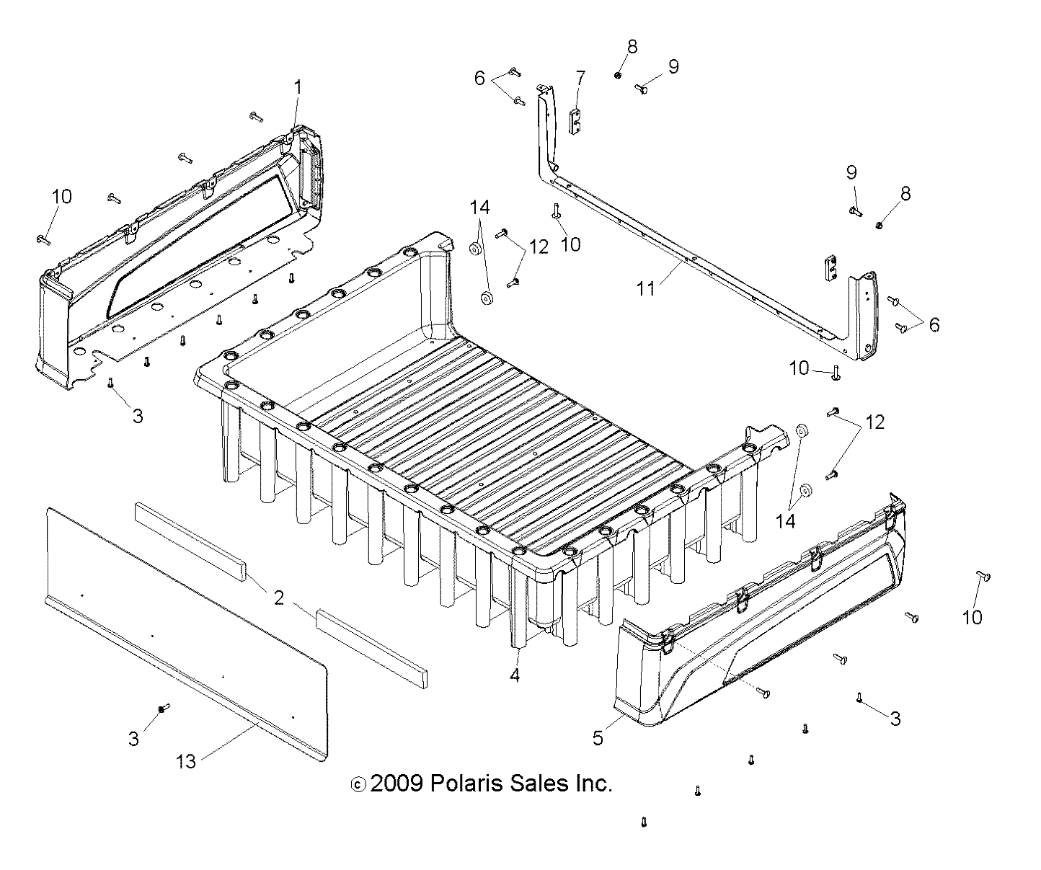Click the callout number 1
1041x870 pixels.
[x=298, y=89]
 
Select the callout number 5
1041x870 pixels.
[x=598, y=737]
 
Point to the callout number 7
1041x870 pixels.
[x=580, y=77]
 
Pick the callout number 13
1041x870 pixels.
[x=186, y=760]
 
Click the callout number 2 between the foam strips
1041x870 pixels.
[x=278, y=598]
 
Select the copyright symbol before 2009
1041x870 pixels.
[x=358, y=784]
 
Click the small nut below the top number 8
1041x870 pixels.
[x=619, y=75]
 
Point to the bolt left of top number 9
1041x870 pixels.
[x=641, y=89]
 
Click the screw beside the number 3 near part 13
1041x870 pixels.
[x=163, y=709]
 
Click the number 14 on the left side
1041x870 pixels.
[x=479, y=208]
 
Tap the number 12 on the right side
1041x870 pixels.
[x=874, y=422]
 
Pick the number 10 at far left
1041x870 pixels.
[x=62, y=196]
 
